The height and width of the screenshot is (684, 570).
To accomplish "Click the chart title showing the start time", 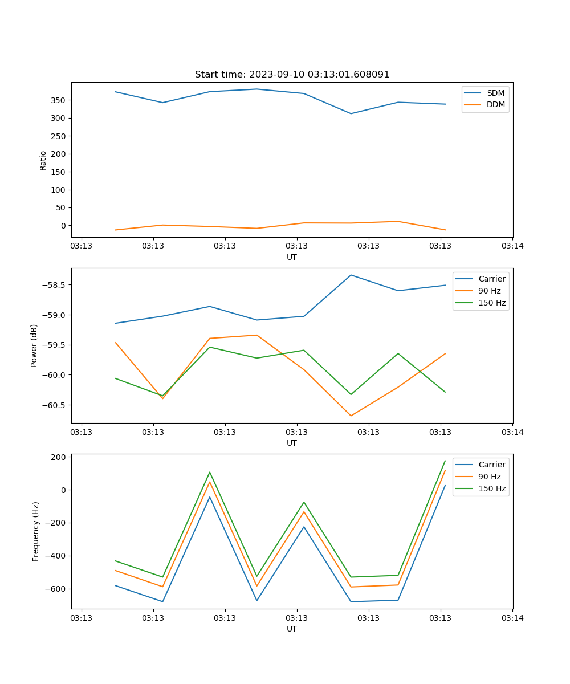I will (x=292, y=75).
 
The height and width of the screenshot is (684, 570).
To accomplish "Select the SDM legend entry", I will (x=495, y=93).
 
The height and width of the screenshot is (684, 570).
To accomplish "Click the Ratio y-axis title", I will (x=43, y=160).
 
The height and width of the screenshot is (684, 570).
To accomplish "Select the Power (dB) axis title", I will (x=34, y=345).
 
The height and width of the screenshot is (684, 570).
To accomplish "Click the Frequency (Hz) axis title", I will (x=35, y=531).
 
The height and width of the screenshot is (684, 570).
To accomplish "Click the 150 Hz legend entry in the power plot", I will (x=492, y=303).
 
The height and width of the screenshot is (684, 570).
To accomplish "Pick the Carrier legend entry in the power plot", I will (x=491, y=279).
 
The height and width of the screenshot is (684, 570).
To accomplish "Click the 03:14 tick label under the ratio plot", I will (x=512, y=246).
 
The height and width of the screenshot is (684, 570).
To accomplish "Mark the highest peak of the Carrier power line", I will (x=351, y=275).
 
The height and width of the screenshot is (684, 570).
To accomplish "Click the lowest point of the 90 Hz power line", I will (x=351, y=416).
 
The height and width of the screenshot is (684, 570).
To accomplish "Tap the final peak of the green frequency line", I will (x=445, y=461).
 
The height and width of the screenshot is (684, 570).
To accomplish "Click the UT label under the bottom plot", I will (x=292, y=629).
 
